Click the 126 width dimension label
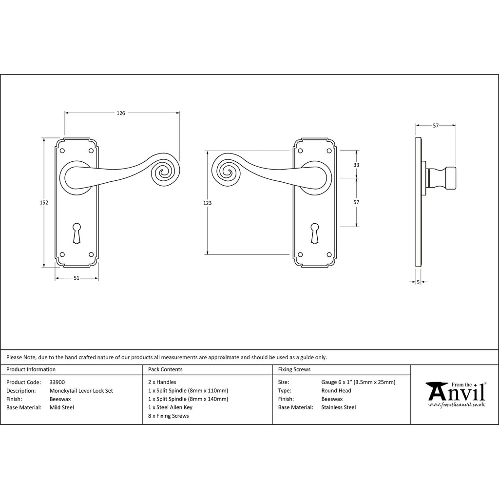[121, 113]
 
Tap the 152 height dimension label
[44, 202]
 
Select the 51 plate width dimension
[77, 278]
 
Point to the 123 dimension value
[207, 203]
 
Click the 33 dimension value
[356, 165]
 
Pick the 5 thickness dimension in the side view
[418, 282]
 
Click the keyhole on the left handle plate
[77, 233]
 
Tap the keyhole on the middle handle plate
[314, 233]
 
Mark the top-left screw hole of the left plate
[62, 151]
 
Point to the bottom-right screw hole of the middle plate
[329, 254]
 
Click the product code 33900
[58, 382]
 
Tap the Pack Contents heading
[165, 369]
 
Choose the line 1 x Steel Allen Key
[170, 407]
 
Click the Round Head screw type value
[336, 390]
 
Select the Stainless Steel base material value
[339, 407]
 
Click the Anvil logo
[456, 394]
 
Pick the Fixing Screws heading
[294, 369]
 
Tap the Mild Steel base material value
[62, 407]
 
